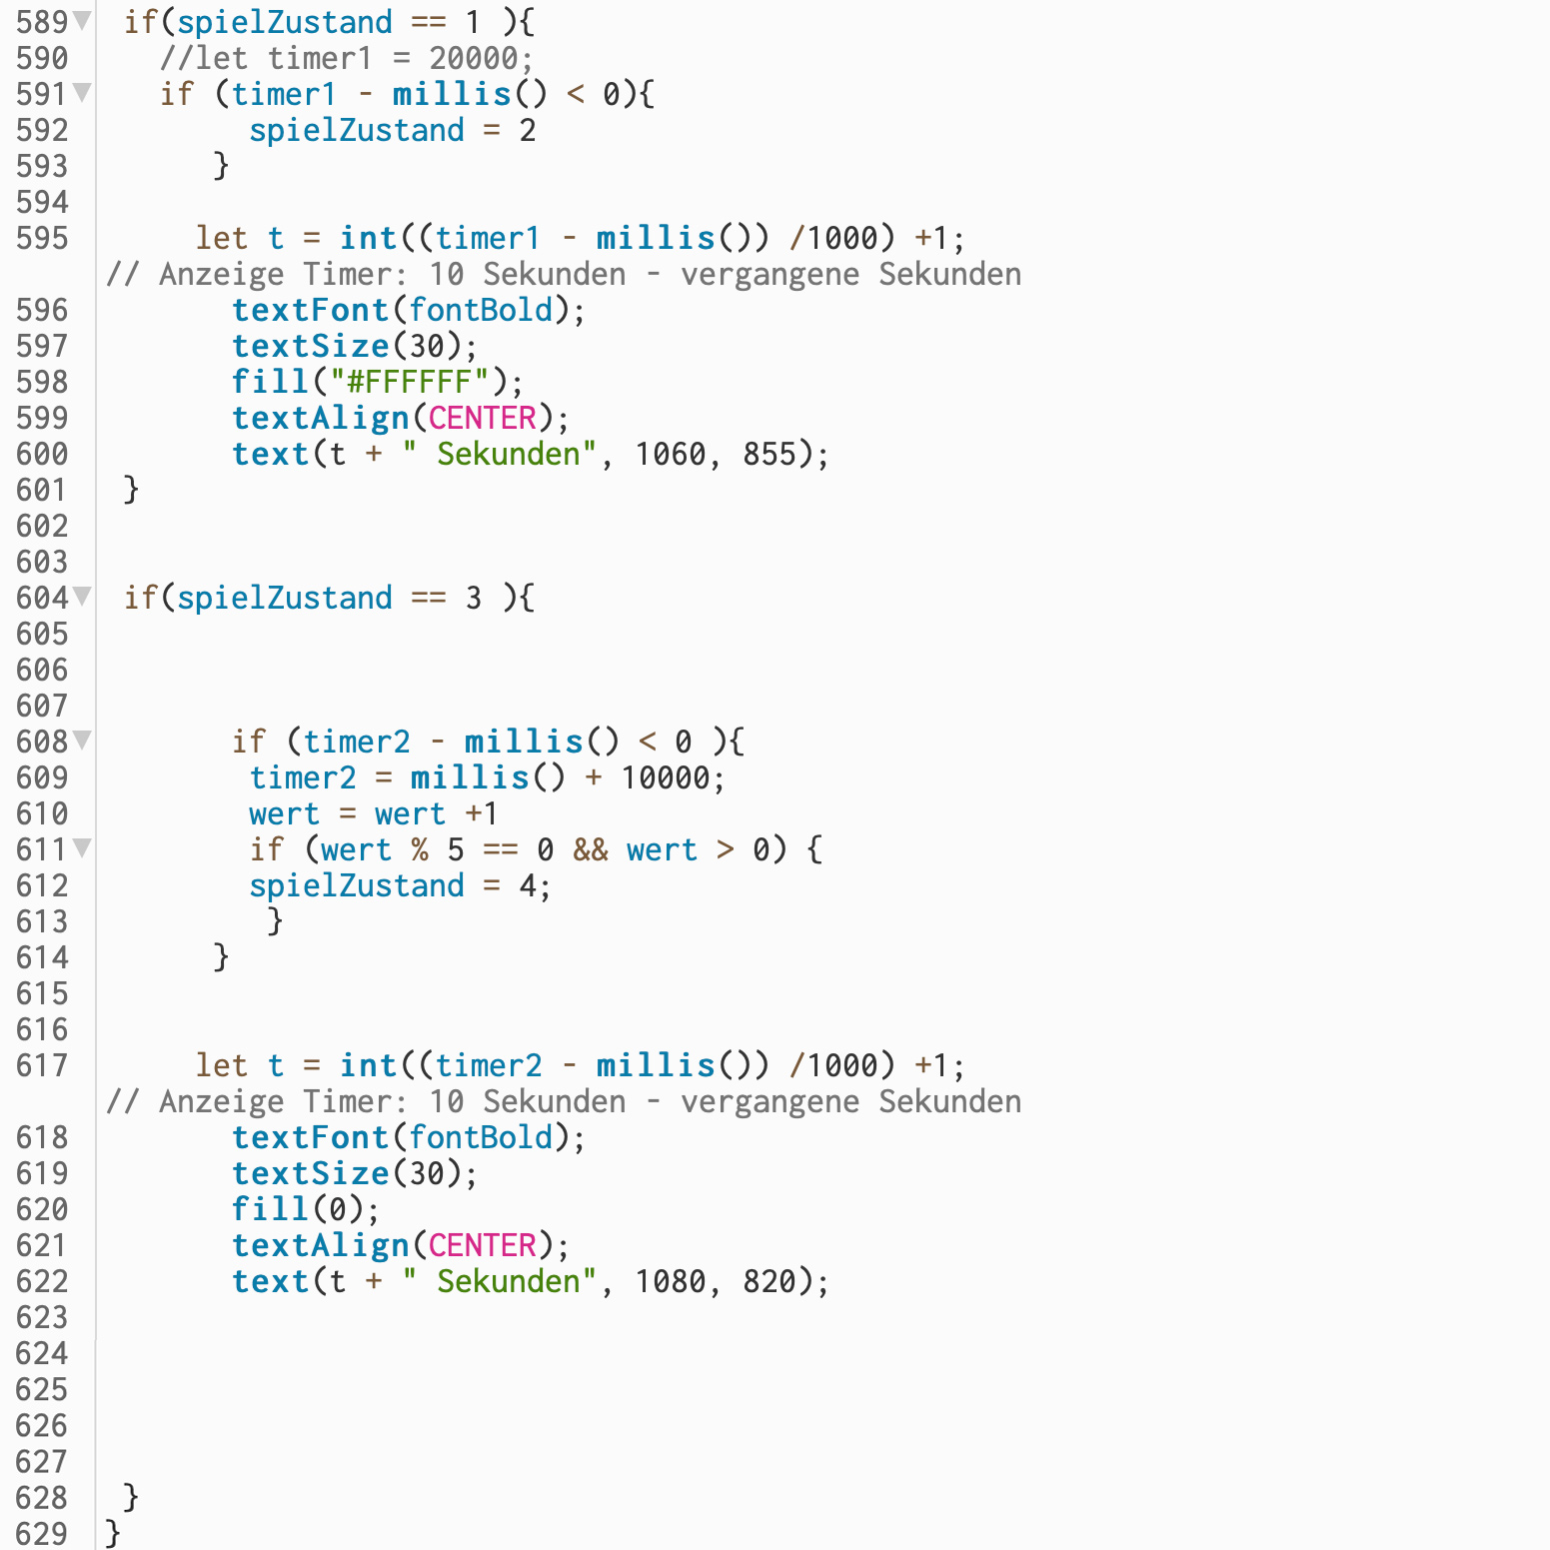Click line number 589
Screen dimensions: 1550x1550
pos(41,22)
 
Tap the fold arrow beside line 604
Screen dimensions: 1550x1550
pos(82,597)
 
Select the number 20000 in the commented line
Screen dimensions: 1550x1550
pos(474,58)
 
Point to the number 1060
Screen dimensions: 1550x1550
pos(671,454)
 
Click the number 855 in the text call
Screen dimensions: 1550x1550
pos(770,454)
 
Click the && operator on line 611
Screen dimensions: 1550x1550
pos(590,849)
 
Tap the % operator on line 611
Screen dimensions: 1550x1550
pos(420,849)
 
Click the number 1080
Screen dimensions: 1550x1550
pos(671,1281)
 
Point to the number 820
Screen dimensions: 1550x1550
pos(770,1281)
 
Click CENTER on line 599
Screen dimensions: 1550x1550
pos(483,418)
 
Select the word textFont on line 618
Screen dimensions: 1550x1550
pos(310,1137)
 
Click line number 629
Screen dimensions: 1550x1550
pos(41,1533)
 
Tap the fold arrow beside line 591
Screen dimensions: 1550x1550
pos(82,93)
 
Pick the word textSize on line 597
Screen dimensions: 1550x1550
pos(310,346)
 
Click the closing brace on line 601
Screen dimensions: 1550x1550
pos(131,490)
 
